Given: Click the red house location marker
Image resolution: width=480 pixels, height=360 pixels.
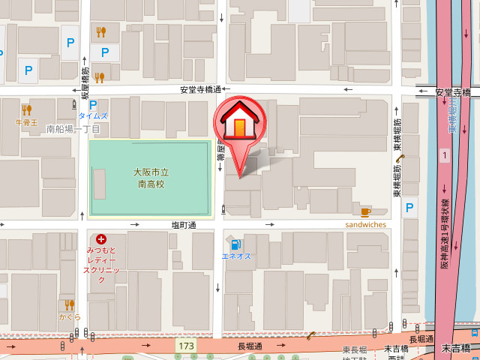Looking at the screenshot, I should tap(239, 123).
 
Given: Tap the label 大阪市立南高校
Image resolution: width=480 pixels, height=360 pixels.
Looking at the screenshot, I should tap(150, 177).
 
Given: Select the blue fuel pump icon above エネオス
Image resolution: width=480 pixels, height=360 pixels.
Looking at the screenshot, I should tap(235, 244).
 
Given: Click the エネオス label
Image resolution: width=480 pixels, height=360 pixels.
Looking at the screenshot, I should tap(236, 256).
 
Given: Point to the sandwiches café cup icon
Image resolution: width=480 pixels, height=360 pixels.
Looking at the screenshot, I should tap(365, 211).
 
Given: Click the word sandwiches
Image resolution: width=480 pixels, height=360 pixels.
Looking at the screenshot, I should tap(365, 224).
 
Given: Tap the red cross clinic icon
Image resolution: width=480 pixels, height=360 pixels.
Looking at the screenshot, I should tap(101, 238).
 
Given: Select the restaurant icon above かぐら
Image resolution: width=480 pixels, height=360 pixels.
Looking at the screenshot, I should tap(69, 304).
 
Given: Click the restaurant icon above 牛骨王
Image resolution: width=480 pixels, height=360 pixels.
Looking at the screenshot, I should tap(27, 109).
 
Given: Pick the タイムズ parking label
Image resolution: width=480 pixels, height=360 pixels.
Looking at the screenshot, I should tap(93, 116).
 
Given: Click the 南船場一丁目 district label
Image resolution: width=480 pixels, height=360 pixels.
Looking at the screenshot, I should tap(73, 129).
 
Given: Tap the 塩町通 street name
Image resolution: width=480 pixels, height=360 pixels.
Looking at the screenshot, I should tap(182, 225).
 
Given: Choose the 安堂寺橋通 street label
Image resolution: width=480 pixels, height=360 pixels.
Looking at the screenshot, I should tap(199, 90).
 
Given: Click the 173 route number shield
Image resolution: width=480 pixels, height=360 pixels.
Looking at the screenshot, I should tap(187, 346).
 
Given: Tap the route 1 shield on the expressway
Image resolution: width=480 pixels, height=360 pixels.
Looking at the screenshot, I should tap(445, 156).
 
